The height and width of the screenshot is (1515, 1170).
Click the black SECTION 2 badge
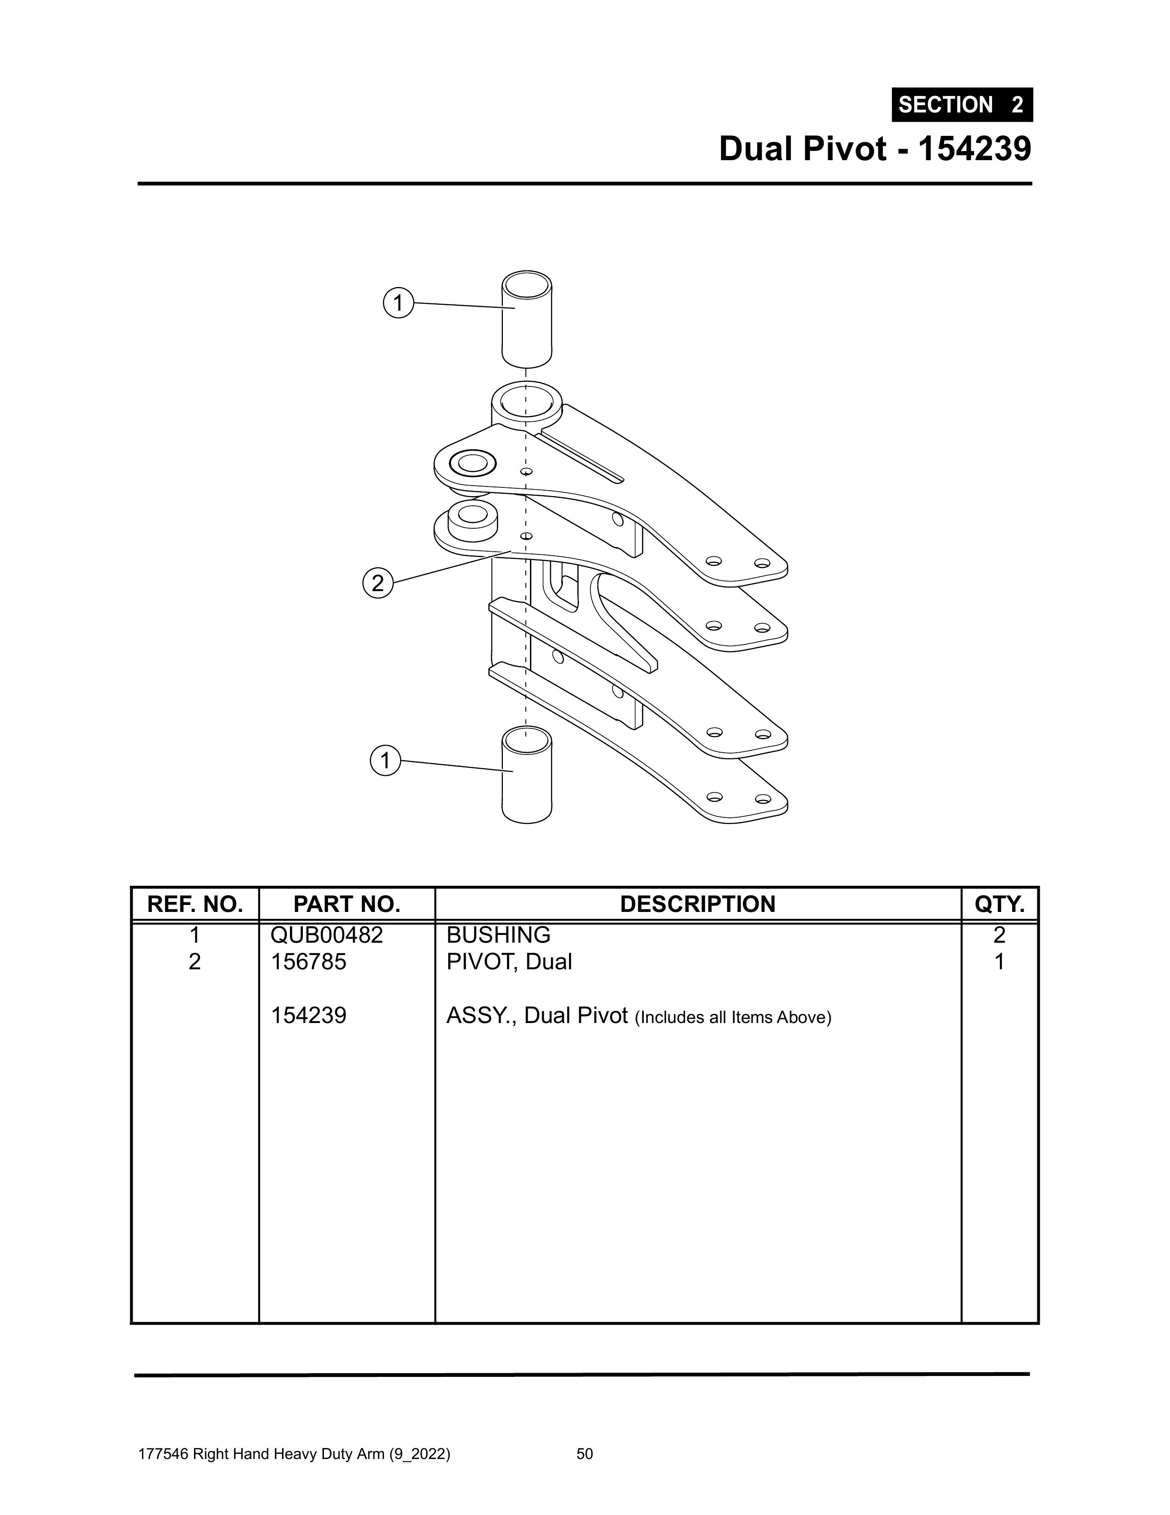[x=962, y=105]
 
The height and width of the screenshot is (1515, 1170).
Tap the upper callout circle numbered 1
[x=398, y=303]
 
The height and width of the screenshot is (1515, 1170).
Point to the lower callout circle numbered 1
[x=385, y=761]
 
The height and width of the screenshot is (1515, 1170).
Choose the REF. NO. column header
[x=195, y=904]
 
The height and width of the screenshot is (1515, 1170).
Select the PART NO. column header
[x=347, y=904]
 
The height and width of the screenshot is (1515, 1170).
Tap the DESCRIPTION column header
[x=698, y=904]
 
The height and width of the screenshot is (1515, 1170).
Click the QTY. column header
[x=999, y=904]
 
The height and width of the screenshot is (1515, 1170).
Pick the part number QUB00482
[x=327, y=935]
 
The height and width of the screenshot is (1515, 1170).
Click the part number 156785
[x=309, y=962]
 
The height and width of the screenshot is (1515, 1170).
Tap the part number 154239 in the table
[x=309, y=1016]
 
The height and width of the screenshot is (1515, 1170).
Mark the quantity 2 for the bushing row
[x=999, y=935]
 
